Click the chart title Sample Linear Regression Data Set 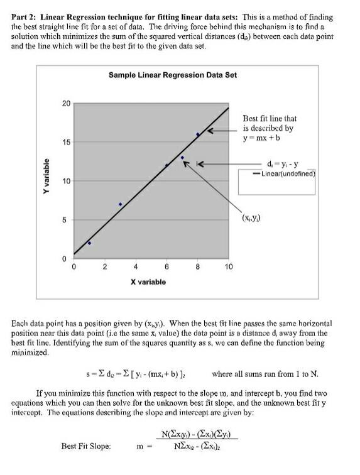172,75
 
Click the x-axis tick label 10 228,267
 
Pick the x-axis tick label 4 136,267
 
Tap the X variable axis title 148,282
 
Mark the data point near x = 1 89,243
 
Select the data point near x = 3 120,204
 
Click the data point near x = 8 197,134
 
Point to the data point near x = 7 182,158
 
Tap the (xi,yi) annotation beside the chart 253,219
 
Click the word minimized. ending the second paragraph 29,354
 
